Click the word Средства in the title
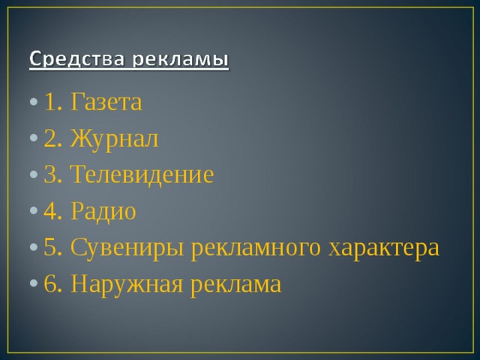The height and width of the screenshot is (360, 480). [x=73, y=58]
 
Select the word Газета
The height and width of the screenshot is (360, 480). [x=106, y=102]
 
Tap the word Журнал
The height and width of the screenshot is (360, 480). [x=115, y=139]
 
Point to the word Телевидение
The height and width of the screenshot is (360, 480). [x=142, y=175]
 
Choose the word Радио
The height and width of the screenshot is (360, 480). [x=103, y=211]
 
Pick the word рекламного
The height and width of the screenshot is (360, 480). [x=258, y=247]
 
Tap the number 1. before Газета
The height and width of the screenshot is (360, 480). [x=53, y=102]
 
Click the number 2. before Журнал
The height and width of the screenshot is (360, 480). [x=53, y=139]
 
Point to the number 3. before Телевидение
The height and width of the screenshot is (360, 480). [x=53, y=175]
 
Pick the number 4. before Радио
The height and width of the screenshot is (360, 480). [x=53, y=211]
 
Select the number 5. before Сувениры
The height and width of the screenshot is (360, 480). [x=53, y=247]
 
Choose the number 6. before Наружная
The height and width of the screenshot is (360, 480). [x=53, y=284]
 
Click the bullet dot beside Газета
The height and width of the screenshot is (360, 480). [x=35, y=103]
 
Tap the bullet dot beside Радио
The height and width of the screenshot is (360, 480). [x=35, y=213]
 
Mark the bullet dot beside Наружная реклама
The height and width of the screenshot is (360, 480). [x=35, y=286]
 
